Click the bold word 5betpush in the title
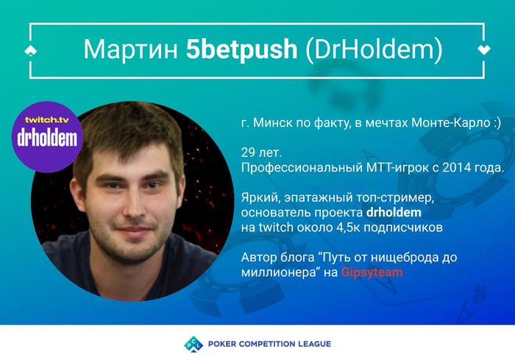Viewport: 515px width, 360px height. pos(242,49)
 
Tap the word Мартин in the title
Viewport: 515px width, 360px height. pos(130,49)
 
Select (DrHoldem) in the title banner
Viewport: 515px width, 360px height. pos(374,50)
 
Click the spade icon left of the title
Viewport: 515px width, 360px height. pos(31,51)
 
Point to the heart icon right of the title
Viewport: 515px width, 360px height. pos(484,49)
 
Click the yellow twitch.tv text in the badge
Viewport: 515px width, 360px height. pos(47,120)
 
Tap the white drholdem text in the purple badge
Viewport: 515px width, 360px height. pos(47,138)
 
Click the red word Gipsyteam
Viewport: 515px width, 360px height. pos(372,272)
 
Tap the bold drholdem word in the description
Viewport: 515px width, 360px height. pos(394,212)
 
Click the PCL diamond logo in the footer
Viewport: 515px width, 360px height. pos(193,344)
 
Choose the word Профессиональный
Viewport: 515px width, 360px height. pos(302,168)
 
